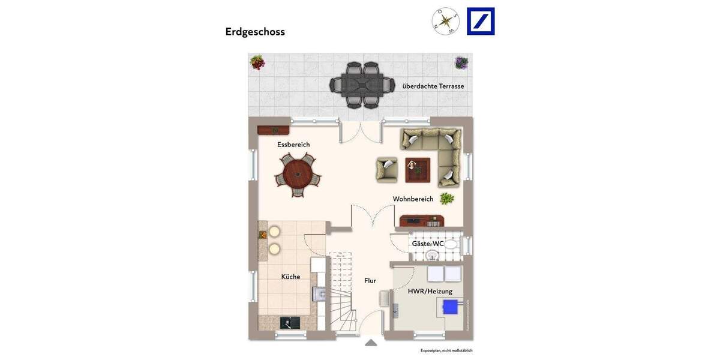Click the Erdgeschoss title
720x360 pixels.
click(x=255, y=32)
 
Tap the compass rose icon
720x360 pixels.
click(x=445, y=22)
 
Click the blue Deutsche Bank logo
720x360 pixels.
click(x=481, y=22)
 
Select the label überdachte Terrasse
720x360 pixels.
click(x=433, y=86)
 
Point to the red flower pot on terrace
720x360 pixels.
click(x=257, y=62)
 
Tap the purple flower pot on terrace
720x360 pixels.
click(x=461, y=62)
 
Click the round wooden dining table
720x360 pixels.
click(x=298, y=175)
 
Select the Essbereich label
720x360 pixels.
click(x=293, y=145)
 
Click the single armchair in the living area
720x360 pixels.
click(x=387, y=169)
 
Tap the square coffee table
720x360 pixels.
click(x=417, y=169)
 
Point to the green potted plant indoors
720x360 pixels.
click(x=446, y=198)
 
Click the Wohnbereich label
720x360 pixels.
click(x=413, y=199)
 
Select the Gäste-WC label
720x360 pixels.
click(x=427, y=244)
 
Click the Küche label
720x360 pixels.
click(x=290, y=277)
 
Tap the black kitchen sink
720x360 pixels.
click(x=289, y=323)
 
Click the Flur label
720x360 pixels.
click(x=370, y=281)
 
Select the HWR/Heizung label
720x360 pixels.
click(x=430, y=292)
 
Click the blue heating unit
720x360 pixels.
click(x=450, y=307)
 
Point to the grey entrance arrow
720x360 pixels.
click(x=371, y=343)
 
